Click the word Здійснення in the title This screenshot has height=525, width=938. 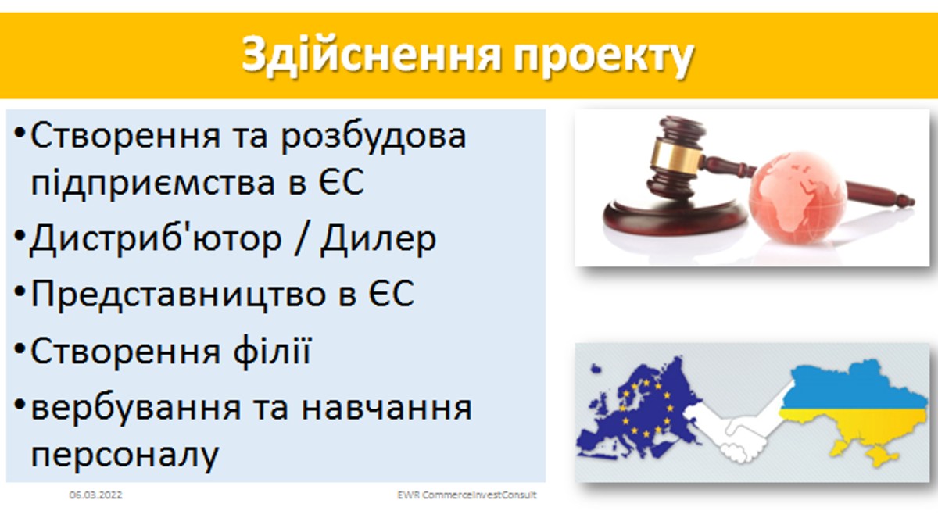[371, 55]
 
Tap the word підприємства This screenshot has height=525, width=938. [153, 184]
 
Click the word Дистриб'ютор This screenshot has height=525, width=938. [156, 239]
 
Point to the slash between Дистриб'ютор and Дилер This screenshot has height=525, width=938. [301, 239]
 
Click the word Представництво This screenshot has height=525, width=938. [178, 295]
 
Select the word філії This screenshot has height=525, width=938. [273, 351]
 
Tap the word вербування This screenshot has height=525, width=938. [136, 409]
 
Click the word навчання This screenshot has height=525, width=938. [386, 409]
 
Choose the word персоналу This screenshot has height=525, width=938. [125, 456]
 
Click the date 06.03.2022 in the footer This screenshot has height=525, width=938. [96, 495]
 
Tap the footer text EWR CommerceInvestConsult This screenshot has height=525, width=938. [467, 495]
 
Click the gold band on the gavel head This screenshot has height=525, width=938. [676, 155]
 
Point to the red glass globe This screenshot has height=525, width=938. [797, 198]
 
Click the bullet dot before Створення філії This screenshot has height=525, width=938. [20, 348]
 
